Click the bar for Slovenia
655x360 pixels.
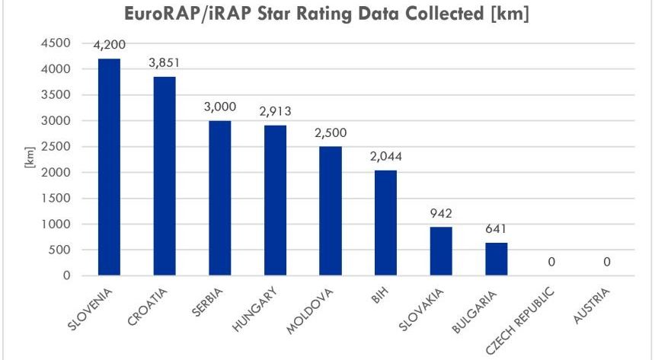pyautogui.click(x=109, y=167)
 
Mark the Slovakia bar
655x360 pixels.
pyautogui.click(x=440, y=251)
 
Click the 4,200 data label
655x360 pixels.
pyautogui.click(x=109, y=46)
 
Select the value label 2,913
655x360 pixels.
pyautogui.click(x=275, y=111)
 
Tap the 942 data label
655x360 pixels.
pyautogui.click(x=440, y=213)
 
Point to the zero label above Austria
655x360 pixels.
pyautogui.click(x=606, y=262)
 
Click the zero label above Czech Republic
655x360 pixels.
pyautogui.click(x=551, y=262)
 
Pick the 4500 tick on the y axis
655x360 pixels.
pyautogui.click(x=59, y=43)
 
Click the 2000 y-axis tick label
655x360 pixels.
pyautogui.click(x=59, y=173)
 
